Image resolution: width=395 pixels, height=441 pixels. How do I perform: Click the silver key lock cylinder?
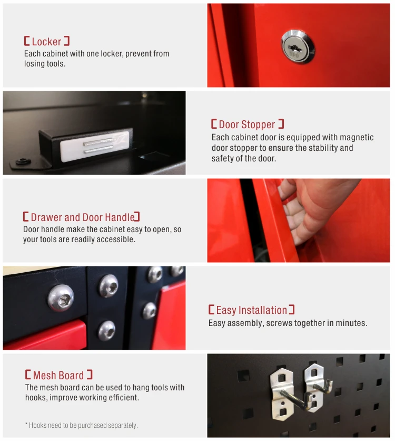[298, 46]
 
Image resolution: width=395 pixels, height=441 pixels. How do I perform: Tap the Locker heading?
[46, 41]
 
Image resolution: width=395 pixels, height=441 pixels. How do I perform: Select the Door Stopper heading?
[248, 124]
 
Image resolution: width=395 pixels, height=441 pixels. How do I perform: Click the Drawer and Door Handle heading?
[82, 217]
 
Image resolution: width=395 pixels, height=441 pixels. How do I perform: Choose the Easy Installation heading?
[252, 310]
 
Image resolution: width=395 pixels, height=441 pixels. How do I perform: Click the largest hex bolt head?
[61, 298]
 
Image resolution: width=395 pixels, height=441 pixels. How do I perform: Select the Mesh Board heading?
[58, 375]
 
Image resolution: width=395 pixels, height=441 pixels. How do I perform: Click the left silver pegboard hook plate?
[282, 394]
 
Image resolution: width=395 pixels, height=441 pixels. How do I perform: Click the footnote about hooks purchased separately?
[82, 425]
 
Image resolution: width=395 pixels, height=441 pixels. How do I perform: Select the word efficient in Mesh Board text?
[123, 397]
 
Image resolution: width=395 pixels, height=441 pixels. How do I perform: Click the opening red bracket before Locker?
[27, 41]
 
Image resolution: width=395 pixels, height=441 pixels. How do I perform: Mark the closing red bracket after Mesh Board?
[90, 375]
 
